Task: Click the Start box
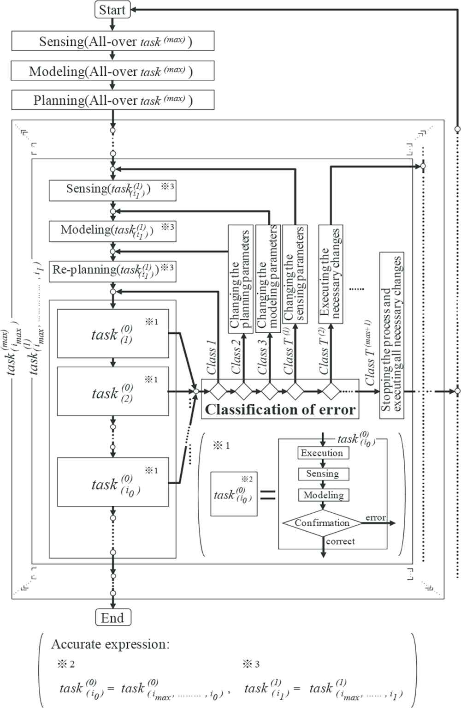click(x=112, y=10)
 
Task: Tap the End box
click(x=112, y=618)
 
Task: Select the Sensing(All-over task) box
click(x=112, y=42)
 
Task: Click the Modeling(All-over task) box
click(x=112, y=71)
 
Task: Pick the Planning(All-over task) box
click(x=112, y=100)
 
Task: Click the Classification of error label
click(x=280, y=410)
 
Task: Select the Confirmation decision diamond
click(x=322, y=523)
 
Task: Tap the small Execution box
click(x=322, y=453)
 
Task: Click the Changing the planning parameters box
click(x=241, y=279)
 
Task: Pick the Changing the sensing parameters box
click(x=294, y=274)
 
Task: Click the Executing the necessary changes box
click(x=330, y=274)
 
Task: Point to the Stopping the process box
click(x=391, y=335)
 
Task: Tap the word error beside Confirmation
click(x=376, y=517)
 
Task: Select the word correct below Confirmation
click(x=340, y=541)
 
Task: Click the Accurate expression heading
click(x=110, y=644)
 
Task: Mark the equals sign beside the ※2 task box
click(x=268, y=495)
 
